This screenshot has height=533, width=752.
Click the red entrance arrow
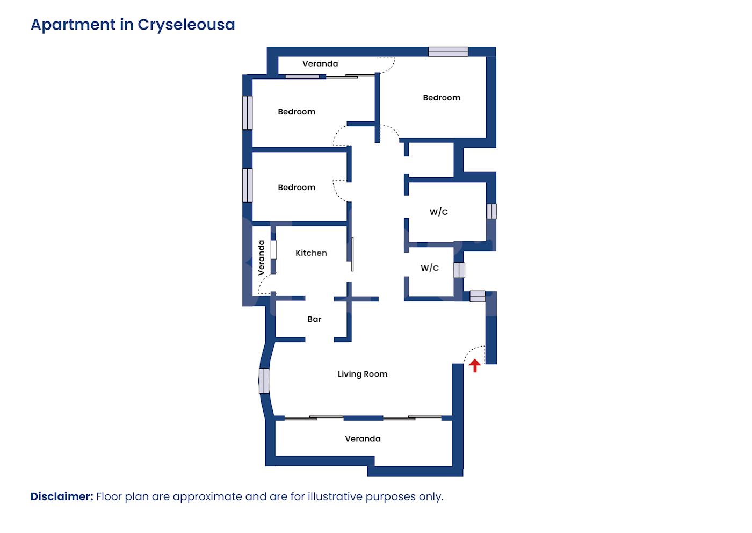point(475,365)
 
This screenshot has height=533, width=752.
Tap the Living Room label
point(363,374)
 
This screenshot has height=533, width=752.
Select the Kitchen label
point(311,253)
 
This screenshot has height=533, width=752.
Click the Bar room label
point(314,319)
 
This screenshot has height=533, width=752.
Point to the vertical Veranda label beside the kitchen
point(261,257)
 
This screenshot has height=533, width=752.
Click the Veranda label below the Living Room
point(363,438)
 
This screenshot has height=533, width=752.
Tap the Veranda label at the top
point(320,63)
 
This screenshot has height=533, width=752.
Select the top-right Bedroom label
point(442,98)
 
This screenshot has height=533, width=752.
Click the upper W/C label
point(438,212)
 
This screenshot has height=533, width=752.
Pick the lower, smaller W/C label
point(430,268)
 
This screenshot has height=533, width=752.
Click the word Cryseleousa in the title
point(186,25)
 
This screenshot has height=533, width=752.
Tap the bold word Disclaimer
point(62,496)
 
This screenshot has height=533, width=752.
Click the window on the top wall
point(448,52)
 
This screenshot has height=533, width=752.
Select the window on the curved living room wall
point(264,381)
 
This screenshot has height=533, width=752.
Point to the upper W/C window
point(492,211)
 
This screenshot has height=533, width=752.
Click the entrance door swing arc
point(474,354)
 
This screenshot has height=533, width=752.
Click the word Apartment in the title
point(73,25)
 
